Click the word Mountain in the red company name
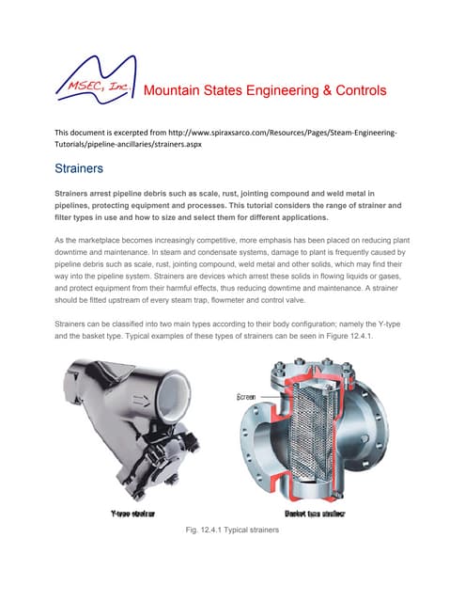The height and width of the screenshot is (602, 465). coord(176,91)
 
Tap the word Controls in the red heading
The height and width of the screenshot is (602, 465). coord(356,91)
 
